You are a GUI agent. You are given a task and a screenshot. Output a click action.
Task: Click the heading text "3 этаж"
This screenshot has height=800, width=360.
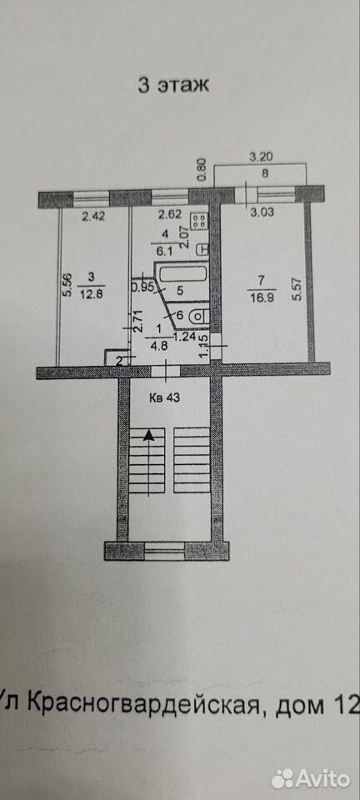(173, 85)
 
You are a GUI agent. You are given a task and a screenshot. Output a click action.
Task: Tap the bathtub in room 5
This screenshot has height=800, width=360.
(183, 274)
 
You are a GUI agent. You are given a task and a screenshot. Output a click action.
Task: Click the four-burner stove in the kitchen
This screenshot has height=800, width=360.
(198, 221)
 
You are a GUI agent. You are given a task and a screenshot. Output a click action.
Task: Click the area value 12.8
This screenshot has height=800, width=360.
(91, 293)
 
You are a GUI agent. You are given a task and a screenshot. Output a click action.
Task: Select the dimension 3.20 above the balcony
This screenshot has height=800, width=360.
(259, 158)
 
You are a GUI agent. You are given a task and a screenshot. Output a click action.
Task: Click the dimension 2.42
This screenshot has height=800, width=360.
(93, 216)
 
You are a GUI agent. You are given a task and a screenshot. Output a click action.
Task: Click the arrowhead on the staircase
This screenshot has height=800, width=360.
(148, 435)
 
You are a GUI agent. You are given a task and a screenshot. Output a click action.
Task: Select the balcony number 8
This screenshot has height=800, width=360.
(264, 173)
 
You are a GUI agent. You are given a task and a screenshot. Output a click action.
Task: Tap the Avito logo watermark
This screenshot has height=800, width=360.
(311, 779)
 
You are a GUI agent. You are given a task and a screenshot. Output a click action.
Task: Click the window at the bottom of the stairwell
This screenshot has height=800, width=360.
(164, 551)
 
